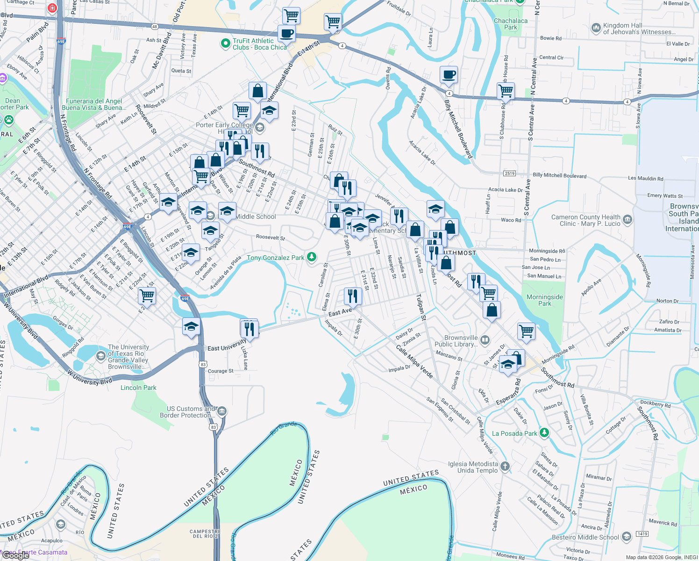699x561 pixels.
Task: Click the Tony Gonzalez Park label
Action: coord(275,258)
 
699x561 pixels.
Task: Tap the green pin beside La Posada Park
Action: coord(544,433)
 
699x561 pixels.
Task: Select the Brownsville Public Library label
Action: coord(461,341)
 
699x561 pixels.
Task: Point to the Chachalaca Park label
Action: coord(511,24)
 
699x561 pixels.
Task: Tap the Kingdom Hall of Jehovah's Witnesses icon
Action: coord(596,28)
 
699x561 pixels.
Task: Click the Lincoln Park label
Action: coord(138,388)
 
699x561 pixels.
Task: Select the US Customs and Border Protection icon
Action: coord(222,411)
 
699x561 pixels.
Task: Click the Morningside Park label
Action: coord(545,300)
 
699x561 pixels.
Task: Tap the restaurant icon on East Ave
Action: coord(353,296)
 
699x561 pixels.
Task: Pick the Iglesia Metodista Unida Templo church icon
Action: coord(505,466)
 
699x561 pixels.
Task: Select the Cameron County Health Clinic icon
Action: coord(628,219)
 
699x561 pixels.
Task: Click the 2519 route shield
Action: coord(509,173)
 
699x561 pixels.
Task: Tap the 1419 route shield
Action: coord(642,534)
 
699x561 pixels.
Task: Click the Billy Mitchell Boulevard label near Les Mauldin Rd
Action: coord(559,175)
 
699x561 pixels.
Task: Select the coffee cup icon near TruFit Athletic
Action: coord(286,34)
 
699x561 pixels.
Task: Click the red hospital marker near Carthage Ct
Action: coord(52,8)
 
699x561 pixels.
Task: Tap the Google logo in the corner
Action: coord(16,555)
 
